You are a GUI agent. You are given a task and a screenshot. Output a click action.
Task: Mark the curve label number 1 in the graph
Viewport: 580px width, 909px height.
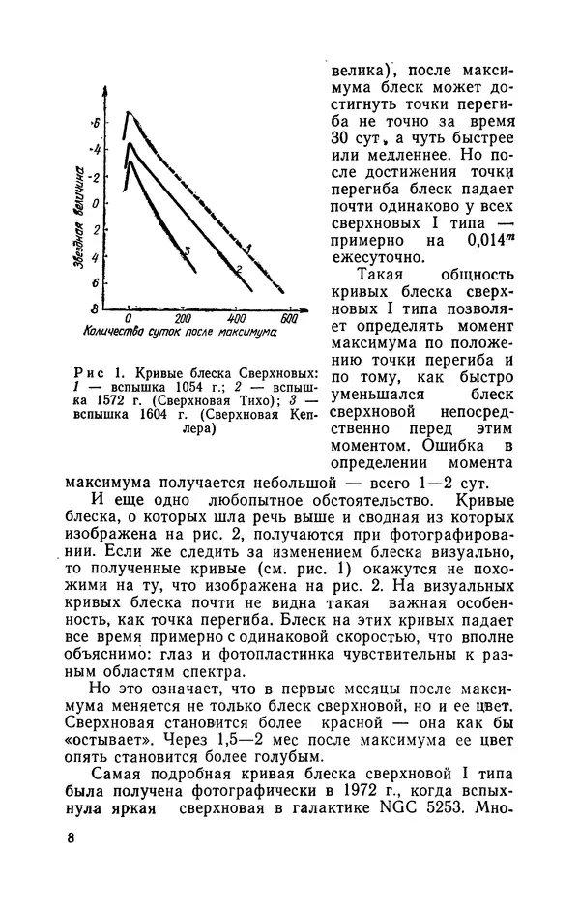pyautogui.click(x=248, y=250)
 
